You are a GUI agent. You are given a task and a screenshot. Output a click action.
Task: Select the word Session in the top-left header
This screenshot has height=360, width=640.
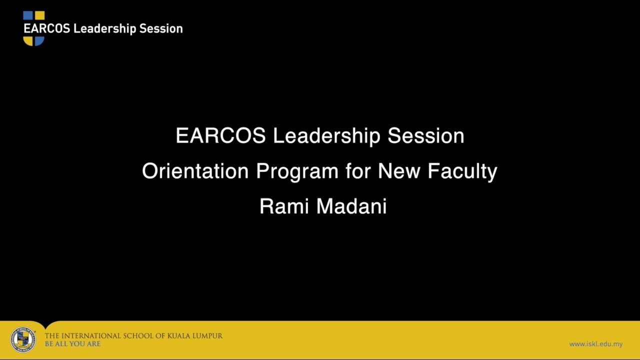pos(161,29)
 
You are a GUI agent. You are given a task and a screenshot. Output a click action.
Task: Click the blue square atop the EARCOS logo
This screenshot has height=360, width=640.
pos(28,15)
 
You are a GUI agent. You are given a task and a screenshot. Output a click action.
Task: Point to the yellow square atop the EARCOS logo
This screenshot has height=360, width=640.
pos(39,15)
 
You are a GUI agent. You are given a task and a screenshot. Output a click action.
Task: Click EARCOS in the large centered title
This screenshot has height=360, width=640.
pos(220,136)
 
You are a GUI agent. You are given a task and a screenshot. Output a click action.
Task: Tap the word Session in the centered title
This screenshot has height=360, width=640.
pos(426,136)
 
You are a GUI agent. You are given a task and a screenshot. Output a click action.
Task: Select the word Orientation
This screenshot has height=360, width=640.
pos(195,171)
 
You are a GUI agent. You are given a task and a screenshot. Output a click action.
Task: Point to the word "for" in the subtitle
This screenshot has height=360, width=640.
pos(358,171)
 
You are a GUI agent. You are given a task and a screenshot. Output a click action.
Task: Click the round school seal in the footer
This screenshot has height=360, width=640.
pos(22,340)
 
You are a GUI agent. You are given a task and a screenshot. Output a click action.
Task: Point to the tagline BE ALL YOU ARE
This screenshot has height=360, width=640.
pos(72,344)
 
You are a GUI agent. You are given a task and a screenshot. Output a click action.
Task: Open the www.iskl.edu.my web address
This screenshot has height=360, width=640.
pos(596,344)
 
